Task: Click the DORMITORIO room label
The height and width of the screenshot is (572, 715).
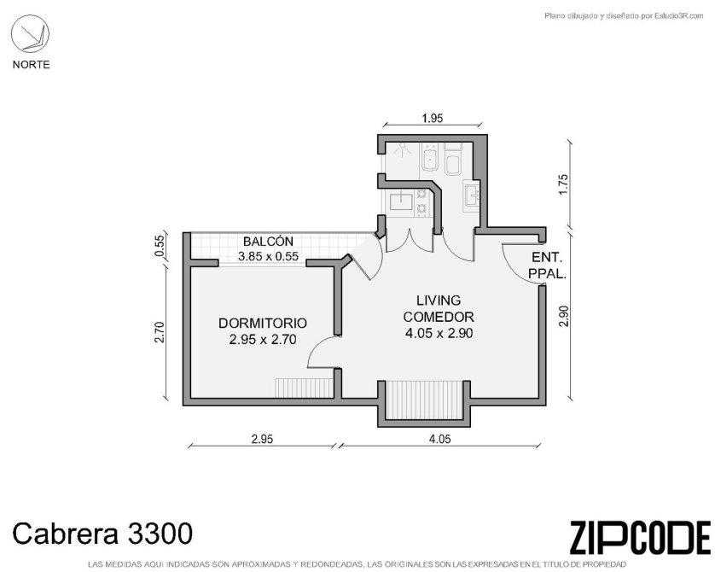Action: click(x=263, y=324)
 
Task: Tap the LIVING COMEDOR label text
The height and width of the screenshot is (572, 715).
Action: click(x=439, y=308)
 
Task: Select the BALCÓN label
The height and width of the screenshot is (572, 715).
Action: click(x=268, y=242)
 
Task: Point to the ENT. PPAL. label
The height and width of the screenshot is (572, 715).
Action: click(x=547, y=266)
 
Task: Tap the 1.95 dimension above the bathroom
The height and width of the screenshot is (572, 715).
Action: click(x=433, y=118)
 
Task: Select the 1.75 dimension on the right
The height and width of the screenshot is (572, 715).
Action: click(x=564, y=184)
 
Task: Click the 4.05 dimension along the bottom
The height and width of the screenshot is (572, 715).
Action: click(x=439, y=439)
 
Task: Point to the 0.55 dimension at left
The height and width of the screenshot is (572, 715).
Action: click(x=160, y=247)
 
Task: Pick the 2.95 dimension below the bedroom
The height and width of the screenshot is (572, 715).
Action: click(x=262, y=439)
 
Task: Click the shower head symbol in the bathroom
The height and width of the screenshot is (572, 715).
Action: click(x=402, y=149)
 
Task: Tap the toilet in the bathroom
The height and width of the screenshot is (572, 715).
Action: click(x=453, y=160)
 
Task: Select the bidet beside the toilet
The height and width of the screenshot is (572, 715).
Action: click(x=429, y=157)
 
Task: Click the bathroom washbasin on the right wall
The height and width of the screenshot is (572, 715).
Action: click(x=472, y=196)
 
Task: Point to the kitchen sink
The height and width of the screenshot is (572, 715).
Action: click(x=401, y=201)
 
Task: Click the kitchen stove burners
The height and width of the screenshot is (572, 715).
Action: click(x=421, y=201)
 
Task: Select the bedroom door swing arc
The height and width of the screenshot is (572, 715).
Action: click(x=318, y=347)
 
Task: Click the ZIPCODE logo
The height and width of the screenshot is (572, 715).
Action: click(x=640, y=538)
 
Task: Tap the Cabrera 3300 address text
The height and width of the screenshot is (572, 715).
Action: click(x=102, y=534)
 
